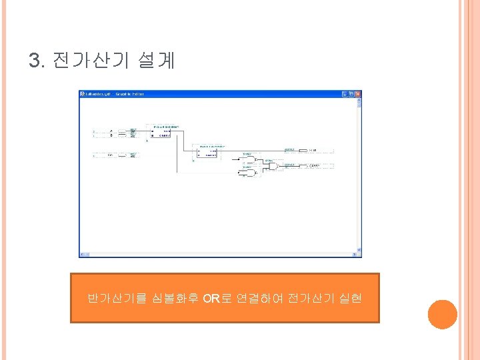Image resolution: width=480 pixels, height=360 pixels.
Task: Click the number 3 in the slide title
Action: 35,61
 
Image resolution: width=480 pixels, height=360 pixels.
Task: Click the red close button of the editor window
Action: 359,93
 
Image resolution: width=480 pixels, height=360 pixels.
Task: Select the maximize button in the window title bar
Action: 352,93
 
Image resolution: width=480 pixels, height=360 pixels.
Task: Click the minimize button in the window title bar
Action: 345,93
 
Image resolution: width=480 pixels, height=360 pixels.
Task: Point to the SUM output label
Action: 313,151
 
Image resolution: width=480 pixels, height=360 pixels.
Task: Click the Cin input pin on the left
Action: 111,155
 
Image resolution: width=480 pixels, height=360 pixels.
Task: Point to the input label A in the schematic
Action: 111,131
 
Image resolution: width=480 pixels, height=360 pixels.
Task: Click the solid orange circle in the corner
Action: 442,314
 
